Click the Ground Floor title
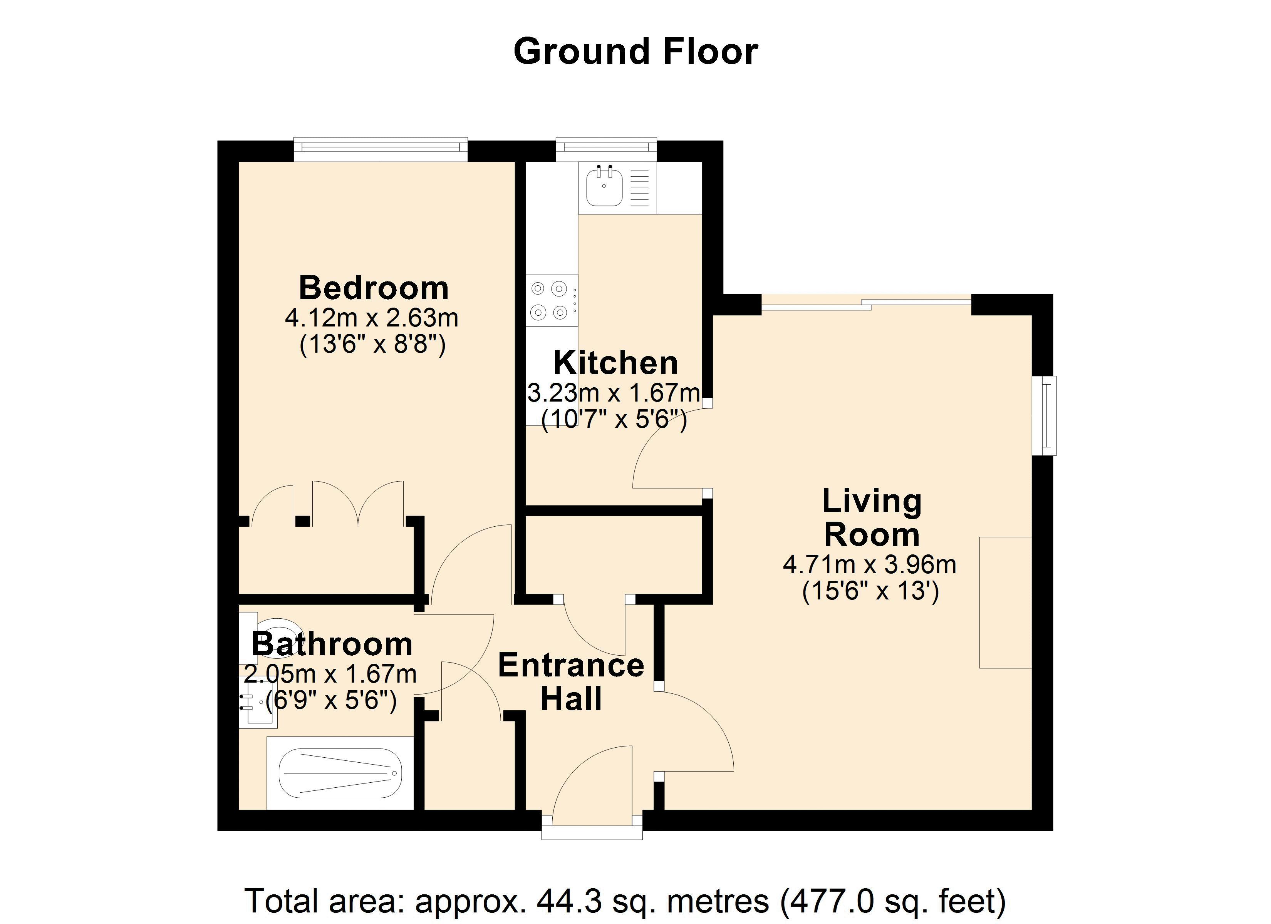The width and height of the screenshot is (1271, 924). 635,52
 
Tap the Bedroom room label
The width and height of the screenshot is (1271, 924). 374,288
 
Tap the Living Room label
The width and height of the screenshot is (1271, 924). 872,518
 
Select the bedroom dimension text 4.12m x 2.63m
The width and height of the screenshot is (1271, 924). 372,318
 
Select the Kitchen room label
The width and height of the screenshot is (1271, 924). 616,363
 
